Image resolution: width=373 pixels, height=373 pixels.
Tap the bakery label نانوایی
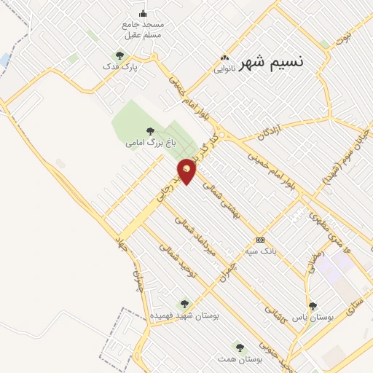[x=224, y=70]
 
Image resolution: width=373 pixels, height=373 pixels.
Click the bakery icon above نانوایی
[x=224, y=59]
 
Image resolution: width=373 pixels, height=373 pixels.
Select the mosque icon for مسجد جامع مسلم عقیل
[x=142, y=12]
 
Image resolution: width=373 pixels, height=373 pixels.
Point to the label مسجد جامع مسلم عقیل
[x=143, y=29]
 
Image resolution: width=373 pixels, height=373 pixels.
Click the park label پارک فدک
[x=120, y=66]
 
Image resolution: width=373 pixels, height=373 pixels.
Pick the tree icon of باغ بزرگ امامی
[x=150, y=131]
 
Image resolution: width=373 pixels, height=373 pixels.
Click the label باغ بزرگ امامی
[x=151, y=144]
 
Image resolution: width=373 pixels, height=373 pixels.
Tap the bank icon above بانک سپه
[x=260, y=240]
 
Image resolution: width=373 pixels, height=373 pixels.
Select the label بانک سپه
[x=260, y=251]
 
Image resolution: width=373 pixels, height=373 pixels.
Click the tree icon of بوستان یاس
[x=313, y=306]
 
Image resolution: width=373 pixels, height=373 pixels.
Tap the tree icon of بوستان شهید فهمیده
[x=184, y=303]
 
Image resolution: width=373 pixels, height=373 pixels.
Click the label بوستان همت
[x=237, y=359]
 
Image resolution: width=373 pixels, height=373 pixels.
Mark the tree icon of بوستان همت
[x=238, y=347]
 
